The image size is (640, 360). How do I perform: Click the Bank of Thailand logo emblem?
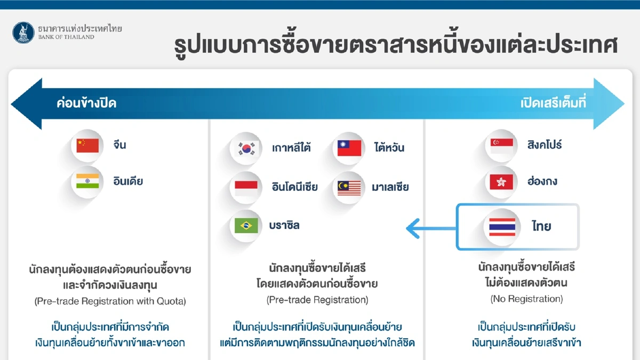click(x=23, y=33)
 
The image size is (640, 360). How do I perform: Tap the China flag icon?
click(x=87, y=145)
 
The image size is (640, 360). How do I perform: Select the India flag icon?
click(x=87, y=181)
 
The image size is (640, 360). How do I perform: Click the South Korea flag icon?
click(x=246, y=148)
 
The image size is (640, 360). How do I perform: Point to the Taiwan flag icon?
click(x=349, y=148)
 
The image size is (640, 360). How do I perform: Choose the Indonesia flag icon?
click(x=246, y=187)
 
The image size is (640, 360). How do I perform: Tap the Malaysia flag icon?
click(x=349, y=187)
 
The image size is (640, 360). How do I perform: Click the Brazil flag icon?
click(x=246, y=226)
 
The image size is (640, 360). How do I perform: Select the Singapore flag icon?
click(x=502, y=145)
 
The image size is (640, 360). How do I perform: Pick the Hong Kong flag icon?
click(x=502, y=182)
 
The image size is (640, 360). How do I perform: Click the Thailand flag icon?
click(x=502, y=227)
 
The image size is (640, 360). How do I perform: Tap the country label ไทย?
click(x=541, y=226)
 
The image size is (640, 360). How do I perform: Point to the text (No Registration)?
click(x=526, y=299)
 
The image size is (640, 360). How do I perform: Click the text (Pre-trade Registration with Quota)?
click(x=110, y=301)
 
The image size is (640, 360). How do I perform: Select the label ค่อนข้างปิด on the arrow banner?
click(x=86, y=103)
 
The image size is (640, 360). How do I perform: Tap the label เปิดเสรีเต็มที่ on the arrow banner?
click(x=553, y=103)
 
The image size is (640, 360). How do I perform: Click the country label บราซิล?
click(x=285, y=226)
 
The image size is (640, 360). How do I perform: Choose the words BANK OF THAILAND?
click(x=66, y=37)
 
